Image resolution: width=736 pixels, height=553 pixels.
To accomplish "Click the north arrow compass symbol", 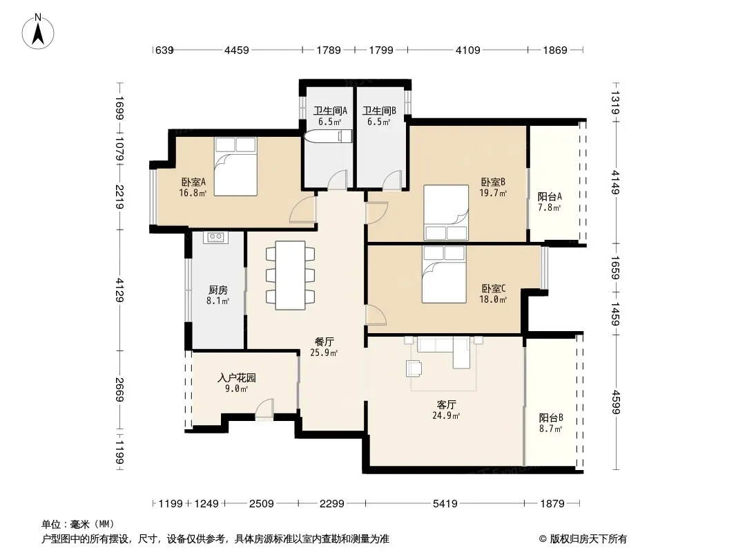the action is coord(38,32).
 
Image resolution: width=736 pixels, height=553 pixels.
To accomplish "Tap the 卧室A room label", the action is coord(193,182).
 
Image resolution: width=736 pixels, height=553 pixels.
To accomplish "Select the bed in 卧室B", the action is coord(446,212).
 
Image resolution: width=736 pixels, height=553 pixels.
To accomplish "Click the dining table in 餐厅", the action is coord(290,275).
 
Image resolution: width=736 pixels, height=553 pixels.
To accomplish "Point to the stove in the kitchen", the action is coord(216,237).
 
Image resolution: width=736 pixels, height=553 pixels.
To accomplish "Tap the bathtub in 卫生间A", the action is coord(328,136).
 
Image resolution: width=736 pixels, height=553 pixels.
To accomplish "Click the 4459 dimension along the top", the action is coord(237,50).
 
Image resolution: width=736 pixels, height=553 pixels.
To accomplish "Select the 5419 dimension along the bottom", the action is coord(445,504).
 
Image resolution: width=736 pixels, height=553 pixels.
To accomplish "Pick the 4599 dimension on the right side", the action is coord(615,402).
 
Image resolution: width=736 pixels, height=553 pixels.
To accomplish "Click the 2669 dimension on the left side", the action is coord(119,390).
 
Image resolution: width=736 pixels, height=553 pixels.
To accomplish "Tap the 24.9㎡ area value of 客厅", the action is coord(446,415).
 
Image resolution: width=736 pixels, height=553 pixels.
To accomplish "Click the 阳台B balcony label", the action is coord(551,418).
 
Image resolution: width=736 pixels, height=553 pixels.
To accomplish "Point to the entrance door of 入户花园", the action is coord(264,410).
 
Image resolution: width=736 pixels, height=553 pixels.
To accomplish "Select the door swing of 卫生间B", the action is coord(392,181).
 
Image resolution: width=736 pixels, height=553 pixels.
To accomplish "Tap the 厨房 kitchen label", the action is coord(218,290).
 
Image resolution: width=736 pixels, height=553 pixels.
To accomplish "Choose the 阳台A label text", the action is coord(550,196).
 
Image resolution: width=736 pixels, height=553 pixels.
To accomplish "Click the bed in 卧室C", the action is coord(444,274).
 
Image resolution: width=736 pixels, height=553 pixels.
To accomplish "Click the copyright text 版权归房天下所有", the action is coord(588,539).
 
